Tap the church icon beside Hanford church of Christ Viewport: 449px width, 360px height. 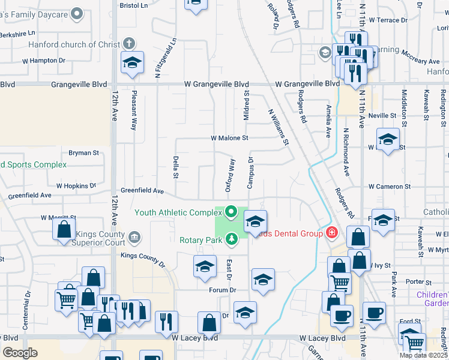pyautogui.click(x=128, y=43)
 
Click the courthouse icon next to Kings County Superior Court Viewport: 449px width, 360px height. pyautogui.click(x=135, y=238)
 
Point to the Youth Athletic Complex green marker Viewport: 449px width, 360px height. pyautogui.click(x=232, y=212)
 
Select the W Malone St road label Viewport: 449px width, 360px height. pyautogui.click(x=229, y=138)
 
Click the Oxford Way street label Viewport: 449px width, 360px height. pyautogui.click(x=231, y=175)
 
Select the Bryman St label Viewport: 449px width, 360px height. pyautogui.click(x=83, y=153)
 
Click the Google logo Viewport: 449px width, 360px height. pyautogui.click(x=19, y=353)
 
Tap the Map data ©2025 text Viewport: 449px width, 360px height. pyautogui.click(x=423, y=355)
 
